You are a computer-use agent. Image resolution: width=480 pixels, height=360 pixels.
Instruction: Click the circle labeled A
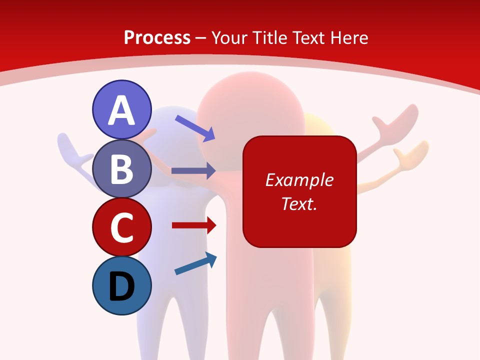pos(122,109)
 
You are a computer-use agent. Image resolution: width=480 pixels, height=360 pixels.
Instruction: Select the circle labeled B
pos(122,168)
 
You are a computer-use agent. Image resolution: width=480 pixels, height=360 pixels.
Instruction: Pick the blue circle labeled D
pos(122,285)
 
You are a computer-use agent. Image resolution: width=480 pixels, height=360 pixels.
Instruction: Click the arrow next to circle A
pos(195,128)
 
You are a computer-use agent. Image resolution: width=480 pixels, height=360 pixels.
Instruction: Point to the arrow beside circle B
pos(193,170)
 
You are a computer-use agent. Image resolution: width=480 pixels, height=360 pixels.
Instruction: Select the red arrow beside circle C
pos(194,225)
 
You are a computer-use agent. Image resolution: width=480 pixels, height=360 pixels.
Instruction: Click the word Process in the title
pos(157,37)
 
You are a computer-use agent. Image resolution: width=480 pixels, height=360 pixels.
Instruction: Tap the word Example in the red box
pos(299,180)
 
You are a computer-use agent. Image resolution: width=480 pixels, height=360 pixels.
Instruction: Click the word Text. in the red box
pos(299,203)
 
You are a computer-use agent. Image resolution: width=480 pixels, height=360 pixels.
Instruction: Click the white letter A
pos(122,110)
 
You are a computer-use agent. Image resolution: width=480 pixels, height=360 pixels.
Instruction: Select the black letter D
pos(122,286)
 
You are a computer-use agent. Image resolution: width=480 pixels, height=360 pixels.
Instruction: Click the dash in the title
pos(201,38)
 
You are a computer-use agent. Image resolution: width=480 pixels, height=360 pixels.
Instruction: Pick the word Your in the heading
pos(231,37)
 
